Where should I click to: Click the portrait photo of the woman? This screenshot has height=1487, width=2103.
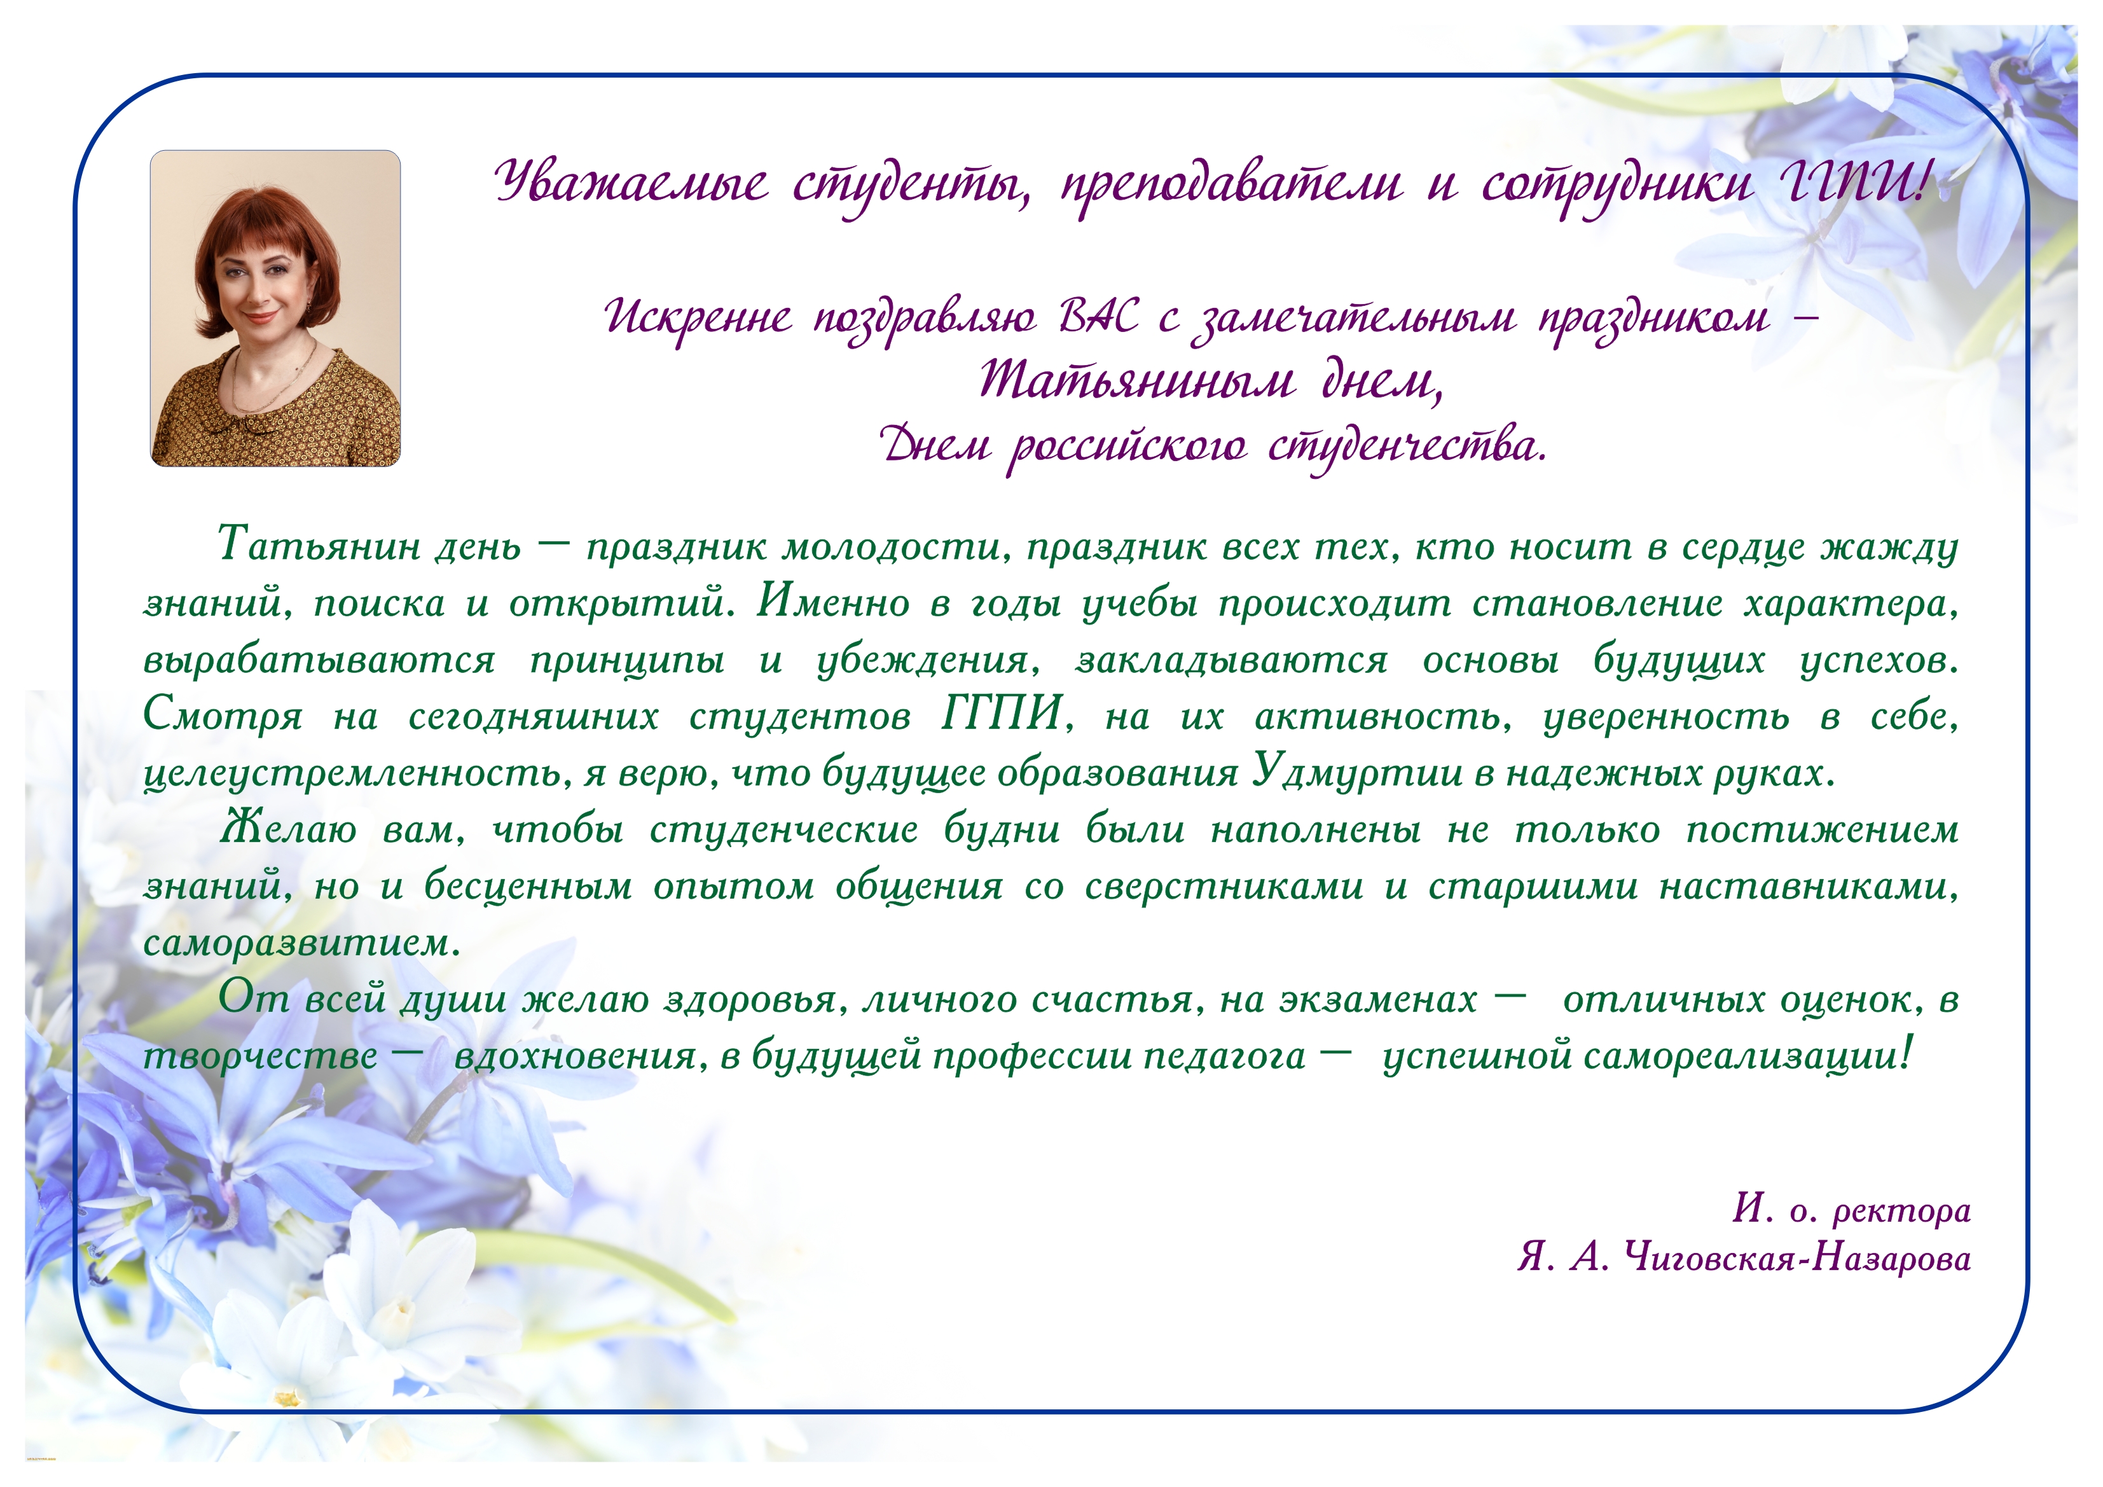click(275, 308)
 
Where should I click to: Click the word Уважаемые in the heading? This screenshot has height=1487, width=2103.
click(631, 181)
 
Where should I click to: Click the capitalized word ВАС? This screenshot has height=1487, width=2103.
click(1099, 317)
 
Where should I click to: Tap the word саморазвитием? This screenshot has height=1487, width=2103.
click(301, 943)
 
